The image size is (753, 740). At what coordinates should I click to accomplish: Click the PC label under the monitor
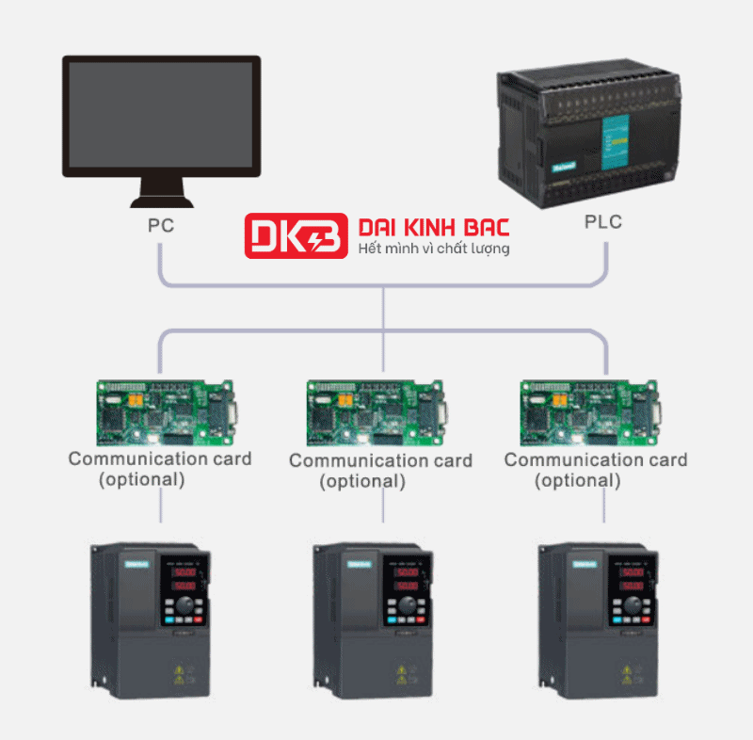(x=161, y=226)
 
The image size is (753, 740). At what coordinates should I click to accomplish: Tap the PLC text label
(x=602, y=223)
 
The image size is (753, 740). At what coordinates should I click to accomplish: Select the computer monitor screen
(x=161, y=115)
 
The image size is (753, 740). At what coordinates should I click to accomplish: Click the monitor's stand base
(x=161, y=200)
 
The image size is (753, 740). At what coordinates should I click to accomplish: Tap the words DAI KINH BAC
(x=434, y=228)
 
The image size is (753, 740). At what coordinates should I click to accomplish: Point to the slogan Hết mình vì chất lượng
(x=434, y=249)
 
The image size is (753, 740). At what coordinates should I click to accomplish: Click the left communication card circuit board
(x=165, y=411)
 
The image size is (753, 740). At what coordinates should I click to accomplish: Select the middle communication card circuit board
(x=376, y=412)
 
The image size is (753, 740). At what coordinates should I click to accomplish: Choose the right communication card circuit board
(x=591, y=412)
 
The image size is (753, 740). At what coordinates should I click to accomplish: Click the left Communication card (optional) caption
(x=159, y=469)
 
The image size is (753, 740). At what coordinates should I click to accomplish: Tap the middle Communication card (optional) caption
(x=380, y=471)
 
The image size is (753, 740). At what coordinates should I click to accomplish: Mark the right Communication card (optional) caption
(x=595, y=470)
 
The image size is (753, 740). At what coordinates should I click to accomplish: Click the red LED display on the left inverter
(x=184, y=578)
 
